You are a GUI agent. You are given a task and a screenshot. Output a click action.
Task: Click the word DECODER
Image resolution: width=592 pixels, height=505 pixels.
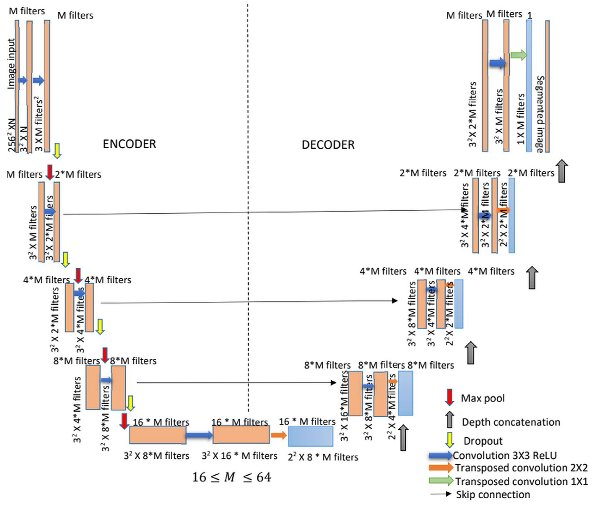(x=328, y=145)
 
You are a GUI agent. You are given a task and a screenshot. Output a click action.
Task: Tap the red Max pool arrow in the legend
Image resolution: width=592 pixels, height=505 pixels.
(x=450, y=397)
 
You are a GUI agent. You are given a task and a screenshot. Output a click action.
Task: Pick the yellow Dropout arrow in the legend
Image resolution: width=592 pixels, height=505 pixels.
(x=450, y=440)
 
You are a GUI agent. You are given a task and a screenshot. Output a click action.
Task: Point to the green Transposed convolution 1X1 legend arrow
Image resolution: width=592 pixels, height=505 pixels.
(x=441, y=480)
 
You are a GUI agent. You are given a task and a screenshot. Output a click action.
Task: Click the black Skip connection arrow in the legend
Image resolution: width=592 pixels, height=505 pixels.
(x=441, y=494)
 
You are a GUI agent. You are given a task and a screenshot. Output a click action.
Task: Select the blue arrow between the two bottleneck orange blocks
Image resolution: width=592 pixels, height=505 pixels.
(x=199, y=435)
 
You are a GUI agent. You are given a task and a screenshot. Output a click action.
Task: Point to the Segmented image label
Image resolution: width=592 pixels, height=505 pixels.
(x=540, y=114)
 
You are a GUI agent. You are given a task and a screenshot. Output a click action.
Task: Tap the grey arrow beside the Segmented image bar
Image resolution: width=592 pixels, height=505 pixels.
(x=562, y=171)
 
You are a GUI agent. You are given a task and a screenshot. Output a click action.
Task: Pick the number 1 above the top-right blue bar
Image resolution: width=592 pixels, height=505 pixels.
(x=529, y=15)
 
